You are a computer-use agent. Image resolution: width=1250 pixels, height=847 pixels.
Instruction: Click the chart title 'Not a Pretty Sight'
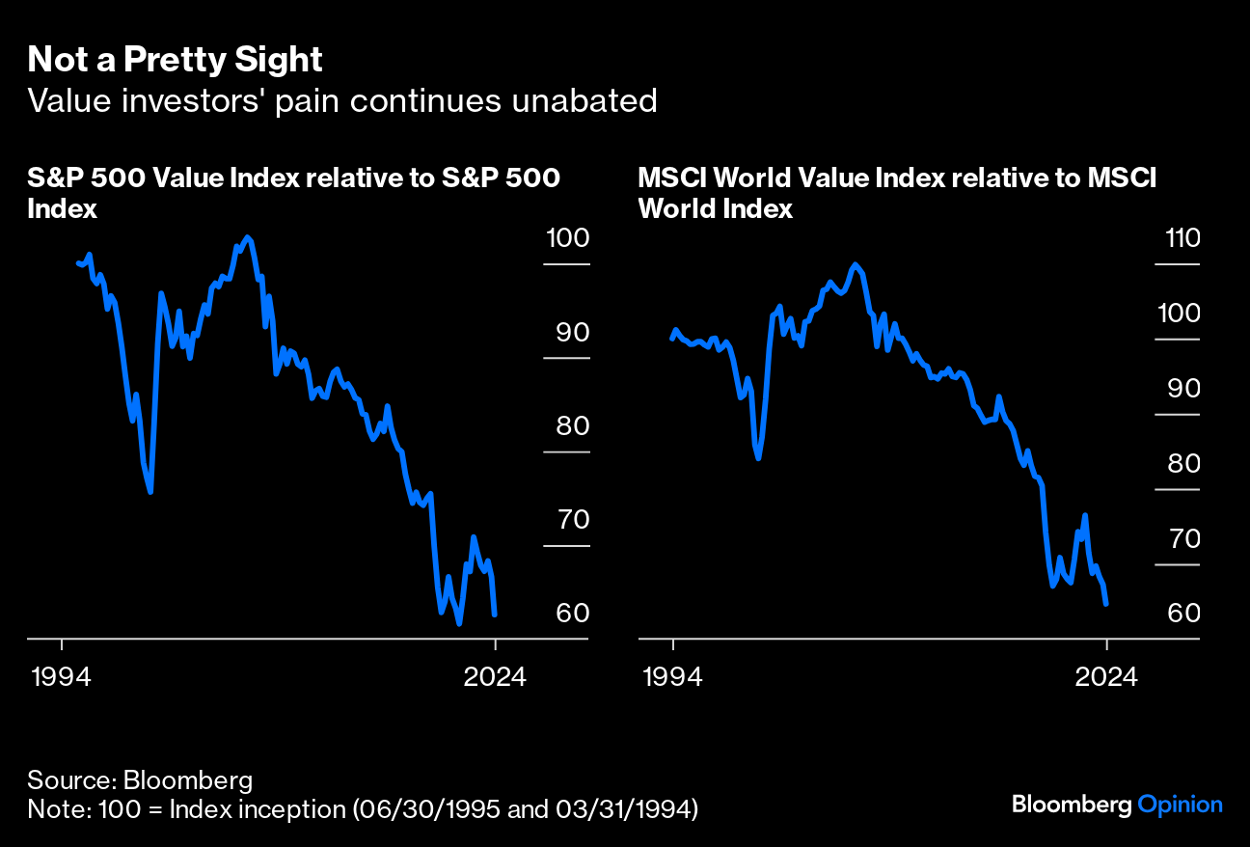pos(175,61)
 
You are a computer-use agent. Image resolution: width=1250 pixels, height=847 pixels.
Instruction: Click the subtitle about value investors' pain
pos(342,100)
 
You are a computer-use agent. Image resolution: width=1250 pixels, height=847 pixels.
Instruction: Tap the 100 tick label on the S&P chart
pos(566,238)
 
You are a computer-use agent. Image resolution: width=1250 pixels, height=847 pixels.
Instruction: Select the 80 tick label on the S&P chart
pos(566,427)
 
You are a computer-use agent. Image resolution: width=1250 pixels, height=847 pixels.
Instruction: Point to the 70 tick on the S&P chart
pos(566,522)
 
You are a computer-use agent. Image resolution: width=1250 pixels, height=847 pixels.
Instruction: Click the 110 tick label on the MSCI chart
pos(1178,238)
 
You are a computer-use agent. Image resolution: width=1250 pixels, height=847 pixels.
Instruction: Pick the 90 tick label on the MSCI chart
pos(1178,389)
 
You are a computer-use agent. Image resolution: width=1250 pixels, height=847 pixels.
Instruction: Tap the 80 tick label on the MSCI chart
pos(1178,464)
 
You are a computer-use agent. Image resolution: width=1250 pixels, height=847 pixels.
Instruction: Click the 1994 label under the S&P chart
pos(62,676)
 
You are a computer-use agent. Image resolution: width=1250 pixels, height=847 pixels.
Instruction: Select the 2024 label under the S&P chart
pos(495,676)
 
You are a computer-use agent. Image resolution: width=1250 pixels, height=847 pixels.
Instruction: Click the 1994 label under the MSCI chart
pos(673,676)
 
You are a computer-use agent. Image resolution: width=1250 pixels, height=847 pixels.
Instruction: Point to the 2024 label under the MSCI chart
pos(1106,676)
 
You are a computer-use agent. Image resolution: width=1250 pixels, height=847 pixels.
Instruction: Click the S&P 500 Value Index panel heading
pos(294,192)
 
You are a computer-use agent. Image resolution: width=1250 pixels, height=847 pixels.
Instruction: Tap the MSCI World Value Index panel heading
pos(897,192)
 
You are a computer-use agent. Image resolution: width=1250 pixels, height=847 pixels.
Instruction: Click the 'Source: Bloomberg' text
pos(140,779)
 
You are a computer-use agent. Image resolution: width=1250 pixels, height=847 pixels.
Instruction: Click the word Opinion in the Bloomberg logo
pos(1180,805)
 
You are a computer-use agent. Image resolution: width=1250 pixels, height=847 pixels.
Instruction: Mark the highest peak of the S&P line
pos(247,236)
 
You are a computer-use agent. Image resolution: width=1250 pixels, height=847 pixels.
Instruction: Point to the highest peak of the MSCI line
pos(855,264)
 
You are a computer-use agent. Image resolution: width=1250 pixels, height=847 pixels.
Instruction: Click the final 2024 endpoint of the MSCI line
pos(1106,604)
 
